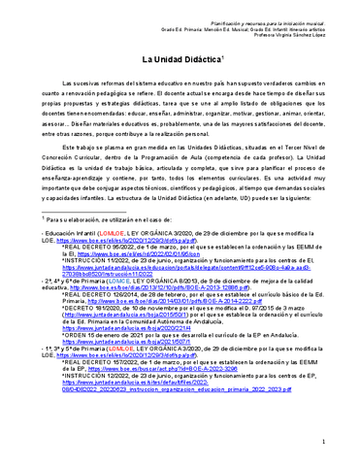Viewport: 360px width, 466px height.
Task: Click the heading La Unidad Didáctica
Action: tap(180, 62)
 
